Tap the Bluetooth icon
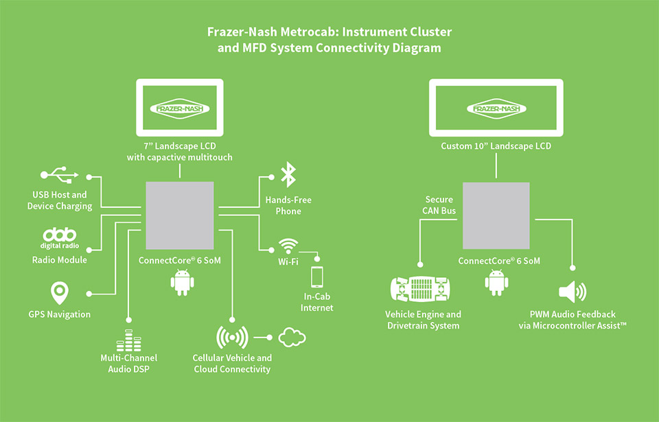(x=287, y=174)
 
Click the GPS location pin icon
(x=60, y=293)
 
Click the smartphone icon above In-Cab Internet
(x=317, y=277)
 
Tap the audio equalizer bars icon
(x=128, y=340)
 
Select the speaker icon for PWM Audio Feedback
(x=573, y=292)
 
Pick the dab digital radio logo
(x=60, y=237)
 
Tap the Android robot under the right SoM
(x=496, y=282)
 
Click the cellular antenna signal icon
(x=232, y=338)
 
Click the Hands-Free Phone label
(x=288, y=205)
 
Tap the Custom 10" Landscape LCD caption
(x=496, y=146)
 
